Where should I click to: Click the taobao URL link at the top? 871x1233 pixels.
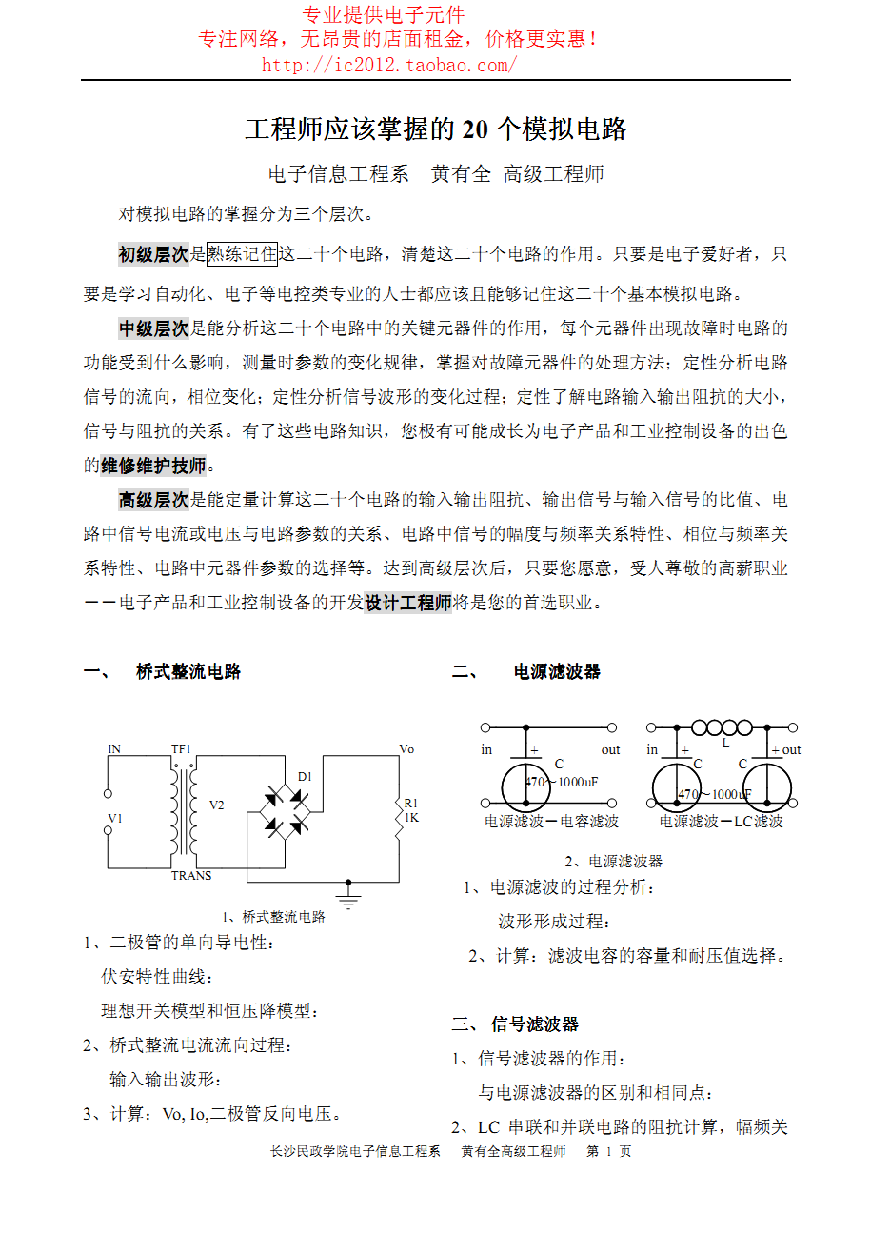point(389,65)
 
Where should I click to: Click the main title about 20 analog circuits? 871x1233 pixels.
point(435,129)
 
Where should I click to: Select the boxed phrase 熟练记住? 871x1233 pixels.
point(243,254)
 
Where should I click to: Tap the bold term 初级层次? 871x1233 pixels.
point(153,254)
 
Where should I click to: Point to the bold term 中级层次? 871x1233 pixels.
point(153,329)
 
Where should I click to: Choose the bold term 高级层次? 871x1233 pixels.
point(153,500)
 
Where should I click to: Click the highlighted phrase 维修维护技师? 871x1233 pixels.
point(153,466)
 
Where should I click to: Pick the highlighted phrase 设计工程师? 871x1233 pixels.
point(407,603)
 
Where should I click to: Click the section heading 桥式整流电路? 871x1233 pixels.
point(188,672)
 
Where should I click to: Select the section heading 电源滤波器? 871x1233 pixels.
point(557,672)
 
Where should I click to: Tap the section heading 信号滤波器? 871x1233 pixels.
point(535,1024)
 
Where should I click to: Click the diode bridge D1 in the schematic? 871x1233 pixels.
point(284,811)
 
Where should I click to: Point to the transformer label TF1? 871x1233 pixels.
point(181,749)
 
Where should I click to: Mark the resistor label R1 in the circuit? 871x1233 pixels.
point(411,803)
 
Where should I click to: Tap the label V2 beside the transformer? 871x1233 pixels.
point(217,805)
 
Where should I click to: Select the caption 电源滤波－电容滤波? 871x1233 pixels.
point(551,821)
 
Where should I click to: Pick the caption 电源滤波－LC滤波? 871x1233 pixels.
point(721,821)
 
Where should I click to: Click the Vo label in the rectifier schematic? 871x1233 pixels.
point(406,749)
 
